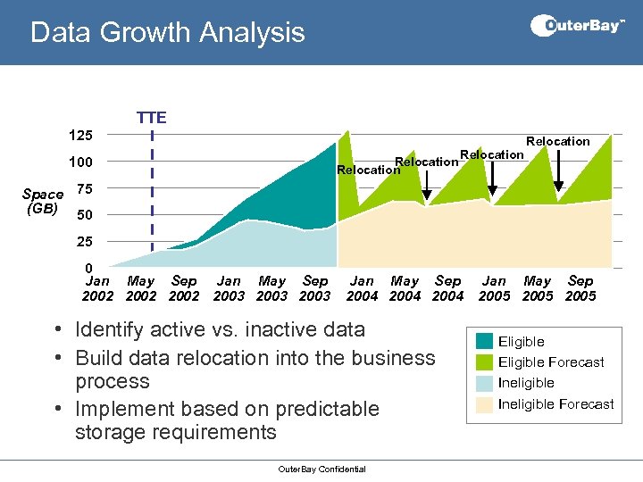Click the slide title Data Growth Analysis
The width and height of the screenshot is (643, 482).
point(167,33)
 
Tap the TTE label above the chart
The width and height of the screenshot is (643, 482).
point(151,117)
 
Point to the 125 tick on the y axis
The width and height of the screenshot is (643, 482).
point(81,136)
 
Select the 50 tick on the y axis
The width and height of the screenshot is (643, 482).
point(85,215)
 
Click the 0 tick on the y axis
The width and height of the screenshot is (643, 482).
point(88,269)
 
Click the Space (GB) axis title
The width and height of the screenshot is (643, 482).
point(43,202)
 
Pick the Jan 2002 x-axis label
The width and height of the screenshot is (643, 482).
point(97,288)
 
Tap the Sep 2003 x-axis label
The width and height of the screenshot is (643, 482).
point(316,288)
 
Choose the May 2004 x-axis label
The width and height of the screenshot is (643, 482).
point(405,288)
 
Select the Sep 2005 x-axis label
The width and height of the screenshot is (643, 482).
point(580,288)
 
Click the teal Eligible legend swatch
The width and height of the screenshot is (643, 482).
point(485,342)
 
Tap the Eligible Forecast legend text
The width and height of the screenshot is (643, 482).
point(551,362)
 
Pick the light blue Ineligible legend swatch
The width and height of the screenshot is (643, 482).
point(485,383)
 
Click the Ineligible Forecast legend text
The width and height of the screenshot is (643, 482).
point(555,403)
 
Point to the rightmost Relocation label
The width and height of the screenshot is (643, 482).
point(558,141)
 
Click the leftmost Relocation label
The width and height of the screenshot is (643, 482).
point(368,170)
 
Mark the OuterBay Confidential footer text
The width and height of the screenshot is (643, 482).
point(321,469)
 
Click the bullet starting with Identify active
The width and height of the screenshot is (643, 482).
point(220,329)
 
